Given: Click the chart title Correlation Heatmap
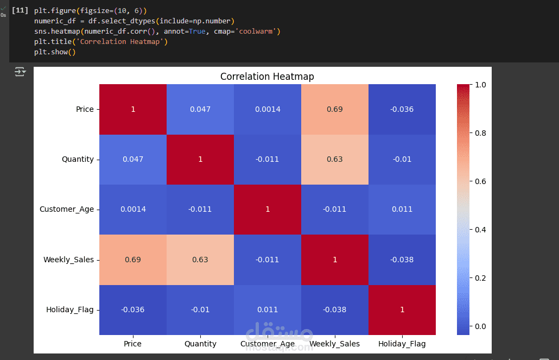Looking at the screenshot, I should click(267, 77).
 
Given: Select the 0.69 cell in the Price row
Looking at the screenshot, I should click(335, 109).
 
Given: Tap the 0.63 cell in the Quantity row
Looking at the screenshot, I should click(335, 159).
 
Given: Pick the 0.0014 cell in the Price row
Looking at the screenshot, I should click(268, 109).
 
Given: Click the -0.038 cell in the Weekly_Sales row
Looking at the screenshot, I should click(402, 260).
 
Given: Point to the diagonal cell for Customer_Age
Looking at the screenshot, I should click(268, 209).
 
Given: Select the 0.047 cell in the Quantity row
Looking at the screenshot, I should click(133, 159).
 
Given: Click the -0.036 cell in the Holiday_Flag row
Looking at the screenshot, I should click(133, 310).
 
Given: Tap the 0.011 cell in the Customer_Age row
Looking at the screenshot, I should click(402, 209).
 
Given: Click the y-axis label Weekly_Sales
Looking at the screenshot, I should click(68, 260).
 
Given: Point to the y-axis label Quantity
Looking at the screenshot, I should click(78, 159).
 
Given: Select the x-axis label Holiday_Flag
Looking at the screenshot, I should click(402, 344).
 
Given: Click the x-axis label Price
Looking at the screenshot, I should click(133, 344).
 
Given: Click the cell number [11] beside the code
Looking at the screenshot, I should click(20, 11).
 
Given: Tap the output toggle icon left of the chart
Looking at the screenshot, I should click(20, 72).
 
